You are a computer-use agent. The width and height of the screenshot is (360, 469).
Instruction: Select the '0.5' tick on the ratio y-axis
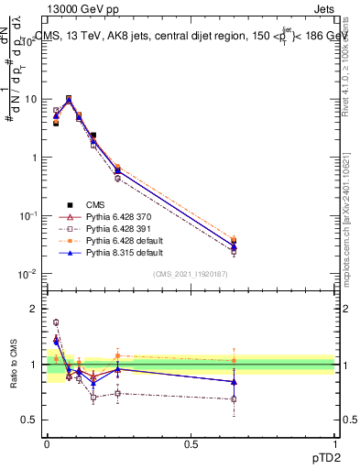(x=33, y=420)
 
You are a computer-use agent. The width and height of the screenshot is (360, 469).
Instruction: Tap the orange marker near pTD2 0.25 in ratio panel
(x=117, y=355)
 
